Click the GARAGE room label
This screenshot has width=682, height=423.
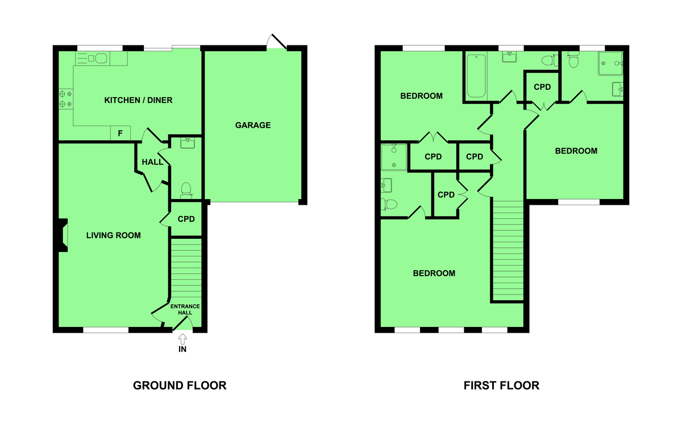point(253,125)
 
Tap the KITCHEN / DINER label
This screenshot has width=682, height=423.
point(138,100)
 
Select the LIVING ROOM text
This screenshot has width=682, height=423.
point(113,235)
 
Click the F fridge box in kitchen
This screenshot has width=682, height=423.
point(120,133)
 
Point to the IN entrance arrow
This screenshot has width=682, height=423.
point(182,339)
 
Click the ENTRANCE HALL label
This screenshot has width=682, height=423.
point(185,309)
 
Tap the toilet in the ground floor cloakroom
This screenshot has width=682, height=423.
point(186,190)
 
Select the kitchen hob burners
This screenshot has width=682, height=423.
point(66,99)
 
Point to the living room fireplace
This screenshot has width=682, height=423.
point(63,235)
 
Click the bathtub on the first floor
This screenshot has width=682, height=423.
point(476,76)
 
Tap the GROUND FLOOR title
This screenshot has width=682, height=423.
point(180,385)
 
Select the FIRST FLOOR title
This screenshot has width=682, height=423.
point(501,385)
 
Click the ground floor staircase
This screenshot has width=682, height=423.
point(186,268)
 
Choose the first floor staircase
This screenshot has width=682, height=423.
point(508,251)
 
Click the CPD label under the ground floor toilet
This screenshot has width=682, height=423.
point(186,219)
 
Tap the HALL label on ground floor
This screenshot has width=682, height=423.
point(152,162)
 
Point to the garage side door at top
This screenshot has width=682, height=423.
point(277,42)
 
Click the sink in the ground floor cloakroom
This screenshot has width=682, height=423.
point(188,143)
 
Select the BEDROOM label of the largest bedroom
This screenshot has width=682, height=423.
point(434,273)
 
